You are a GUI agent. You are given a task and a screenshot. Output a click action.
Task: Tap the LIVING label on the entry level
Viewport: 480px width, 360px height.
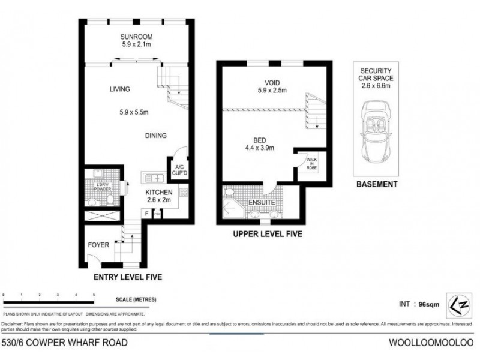click(119, 89)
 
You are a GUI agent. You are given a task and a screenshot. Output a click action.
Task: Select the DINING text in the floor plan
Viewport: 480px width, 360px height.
click(155, 136)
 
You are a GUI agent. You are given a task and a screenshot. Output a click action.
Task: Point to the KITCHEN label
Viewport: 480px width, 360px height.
click(159, 192)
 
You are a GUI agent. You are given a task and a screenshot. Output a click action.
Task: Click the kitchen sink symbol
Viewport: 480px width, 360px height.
click(154, 178)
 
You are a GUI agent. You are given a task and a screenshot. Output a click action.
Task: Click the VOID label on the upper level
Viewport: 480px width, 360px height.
click(273, 83)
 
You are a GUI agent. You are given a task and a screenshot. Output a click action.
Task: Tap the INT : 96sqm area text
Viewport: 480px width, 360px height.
click(419, 304)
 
